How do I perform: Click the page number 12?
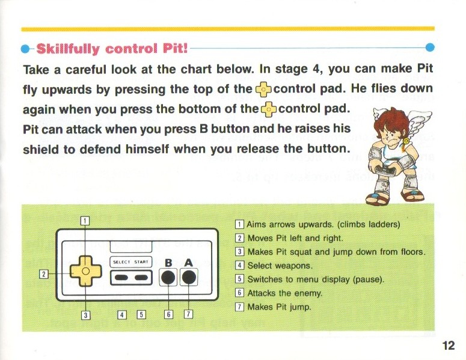pyautogui.click(x=449, y=346)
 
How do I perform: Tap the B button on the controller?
pyautogui.click(x=168, y=278)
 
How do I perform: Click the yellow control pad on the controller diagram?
pyautogui.click(x=85, y=271)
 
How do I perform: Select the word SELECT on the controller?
pyautogui.click(x=121, y=262)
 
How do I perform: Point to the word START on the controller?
pyautogui.click(x=141, y=262)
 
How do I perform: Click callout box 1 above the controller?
pyautogui.click(x=85, y=221)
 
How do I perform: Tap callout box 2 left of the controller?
pyautogui.click(x=44, y=274)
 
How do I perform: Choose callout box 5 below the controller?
pyautogui.click(x=141, y=314)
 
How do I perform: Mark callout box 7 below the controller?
pyautogui.click(x=188, y=314)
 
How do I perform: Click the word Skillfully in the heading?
pyautogui.click(x=68, y=49)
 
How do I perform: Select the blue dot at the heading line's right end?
pyautogui.click(x=430, y=47)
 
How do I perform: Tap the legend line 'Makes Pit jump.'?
pyautogui.click(x=273, y=307)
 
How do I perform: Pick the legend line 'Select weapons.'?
pyautogui.click(x=274, y=266)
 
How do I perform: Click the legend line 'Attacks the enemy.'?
pyautogui.click(x=279, y=293)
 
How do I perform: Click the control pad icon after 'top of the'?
pyautogui.click(x=263, y=90)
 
